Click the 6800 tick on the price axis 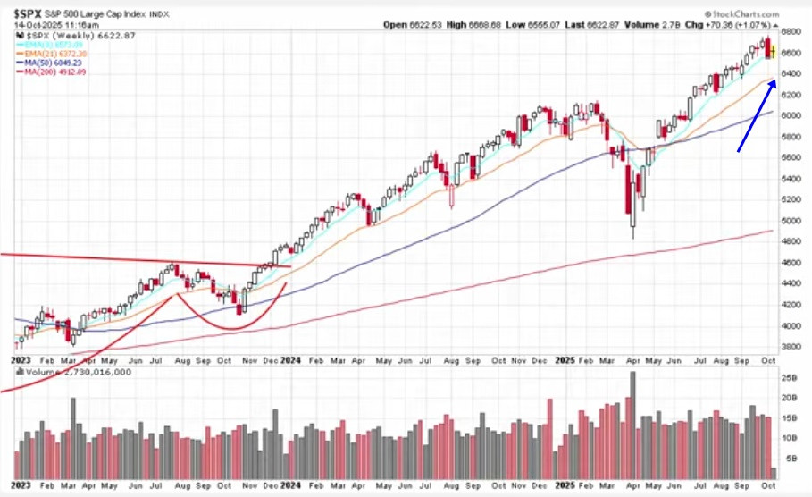click(x=791, y=31)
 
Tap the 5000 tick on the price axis click(x=791, y=220)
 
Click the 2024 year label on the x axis click(x=289, y=360)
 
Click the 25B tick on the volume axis click(x=790, y=379)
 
